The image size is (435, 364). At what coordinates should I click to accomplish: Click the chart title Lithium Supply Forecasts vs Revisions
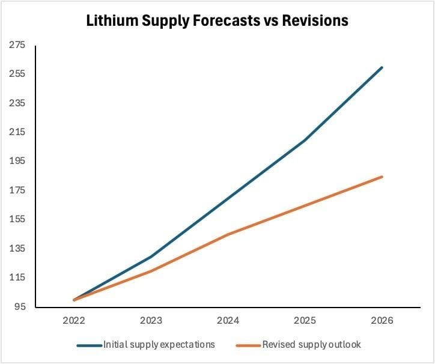click(x=217, y=20)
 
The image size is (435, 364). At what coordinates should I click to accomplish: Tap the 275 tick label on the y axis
click(x=17, y=45)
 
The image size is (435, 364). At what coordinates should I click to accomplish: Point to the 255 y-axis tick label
click(x=17, y=74)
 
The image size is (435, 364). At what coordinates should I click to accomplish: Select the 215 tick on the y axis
click(x=17, y=132)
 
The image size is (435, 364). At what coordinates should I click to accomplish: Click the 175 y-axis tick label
click(x=17, y=190)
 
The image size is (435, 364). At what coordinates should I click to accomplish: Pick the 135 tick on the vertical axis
click(x=17, y=249)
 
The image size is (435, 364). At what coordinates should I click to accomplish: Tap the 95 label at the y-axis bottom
click(x=19, y=307)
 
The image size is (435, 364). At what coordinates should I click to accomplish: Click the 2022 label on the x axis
click(x=74, y=321)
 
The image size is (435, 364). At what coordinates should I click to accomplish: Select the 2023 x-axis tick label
click(x=151, y=321)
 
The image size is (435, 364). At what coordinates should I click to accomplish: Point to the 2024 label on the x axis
click(x=228, y=321)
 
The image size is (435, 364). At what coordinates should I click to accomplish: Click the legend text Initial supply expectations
click(x=159, y=345)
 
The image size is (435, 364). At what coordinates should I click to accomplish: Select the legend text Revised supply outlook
click(x=311, y=345)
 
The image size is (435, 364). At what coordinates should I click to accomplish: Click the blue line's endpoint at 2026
click(x=382, y=67)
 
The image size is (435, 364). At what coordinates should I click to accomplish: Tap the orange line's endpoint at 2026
click(x=382, y=177)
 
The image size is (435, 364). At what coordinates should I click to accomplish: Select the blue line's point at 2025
click(x=305, y=140)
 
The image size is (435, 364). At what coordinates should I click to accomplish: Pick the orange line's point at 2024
click(x=228, y=234)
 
